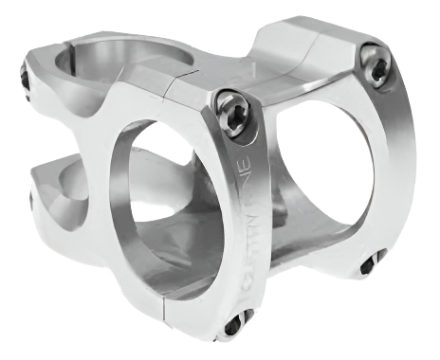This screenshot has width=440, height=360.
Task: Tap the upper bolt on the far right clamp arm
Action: point(377,66)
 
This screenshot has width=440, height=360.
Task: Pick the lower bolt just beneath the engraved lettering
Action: point(231,325)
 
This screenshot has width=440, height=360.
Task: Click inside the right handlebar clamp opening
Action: point(327,161)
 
